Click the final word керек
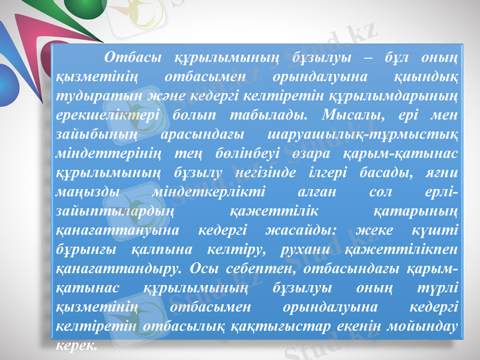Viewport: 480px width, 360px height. [74, 345]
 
